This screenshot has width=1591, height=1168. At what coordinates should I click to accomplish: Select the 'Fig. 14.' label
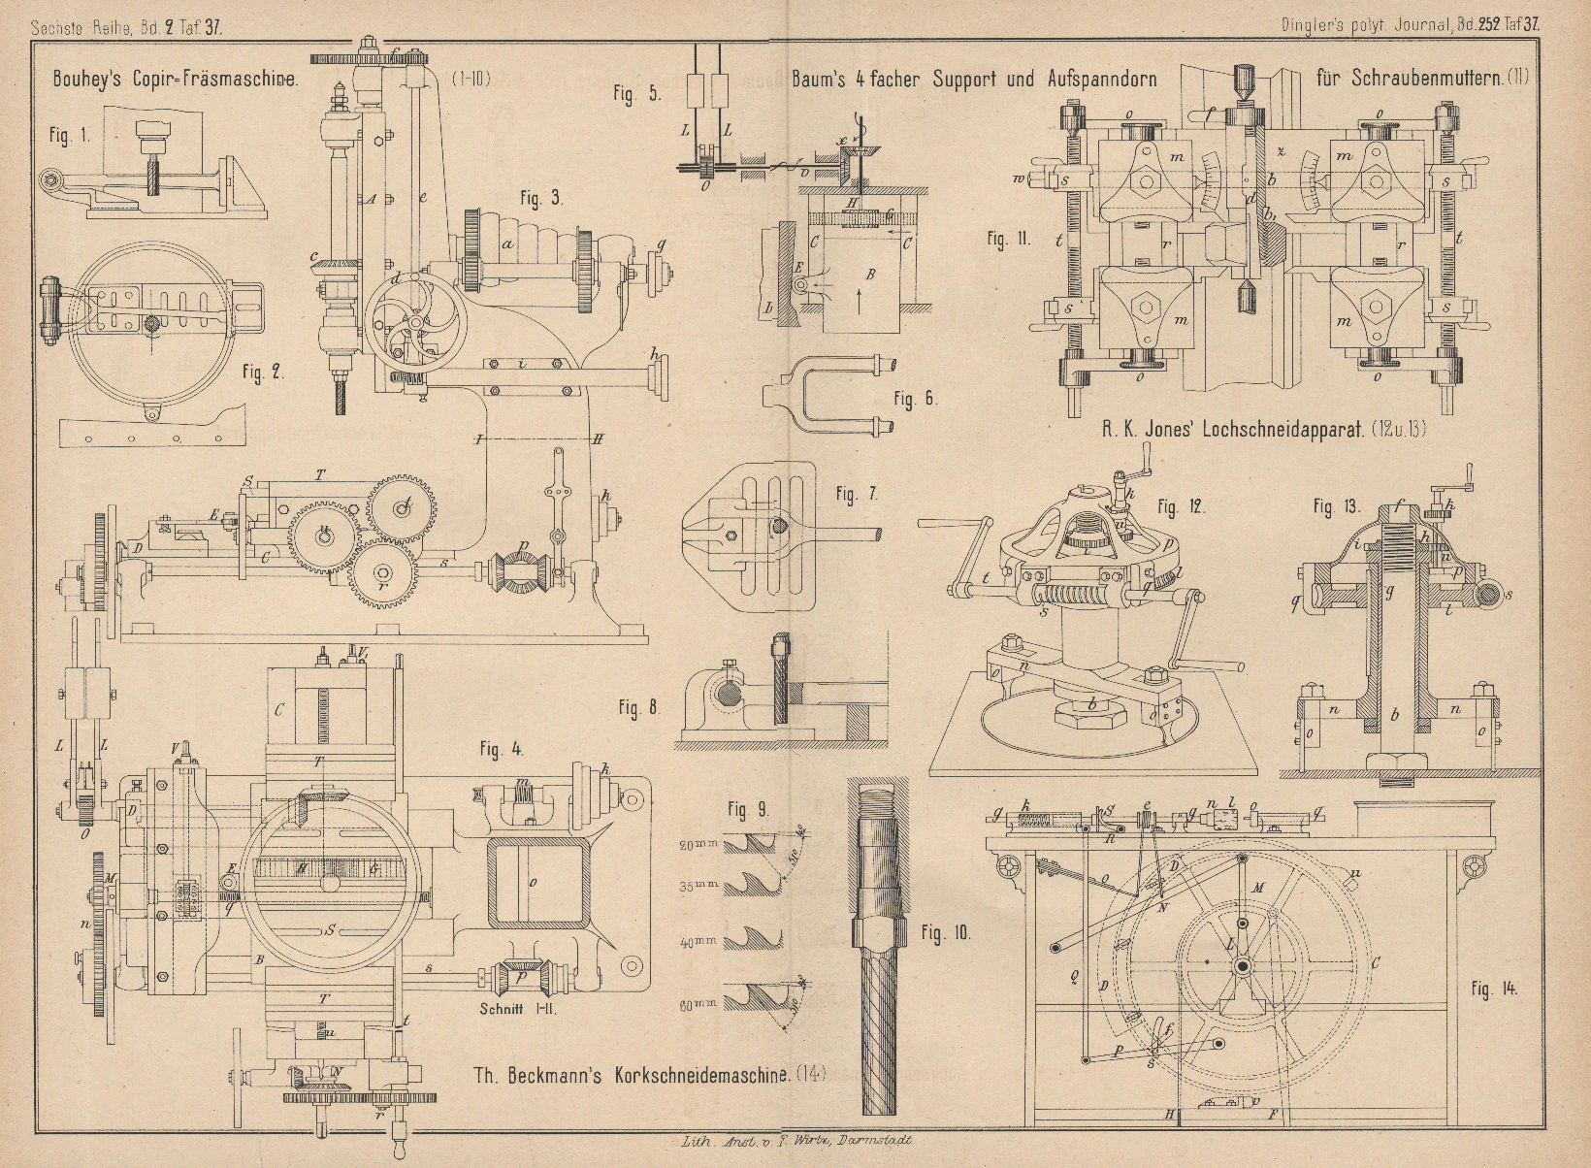1493,990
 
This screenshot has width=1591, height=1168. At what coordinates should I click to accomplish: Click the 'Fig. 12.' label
1181,506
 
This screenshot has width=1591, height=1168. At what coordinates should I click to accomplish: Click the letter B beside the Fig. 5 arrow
871,276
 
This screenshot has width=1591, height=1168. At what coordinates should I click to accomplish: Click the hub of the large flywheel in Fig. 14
1241,967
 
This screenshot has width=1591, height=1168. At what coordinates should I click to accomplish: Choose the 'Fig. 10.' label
945,934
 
